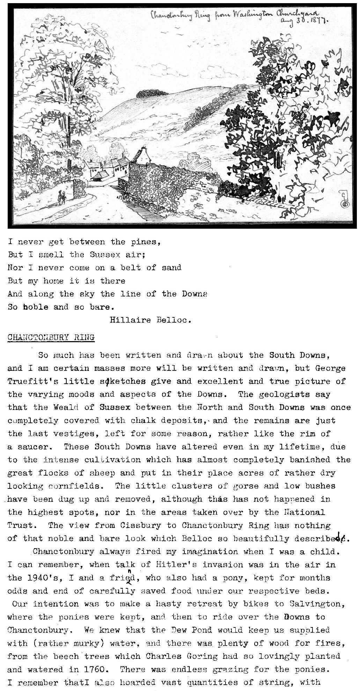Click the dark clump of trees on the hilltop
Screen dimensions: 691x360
(x=150, y=93)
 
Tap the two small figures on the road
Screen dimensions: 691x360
(x=61, y=198)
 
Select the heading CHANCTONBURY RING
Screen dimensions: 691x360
(x=51, y=337)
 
